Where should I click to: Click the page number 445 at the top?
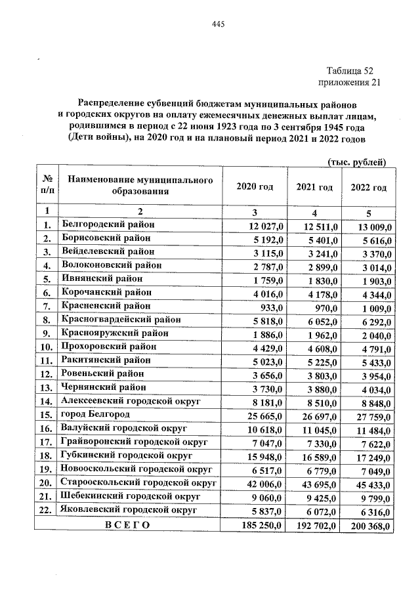pos(219,25)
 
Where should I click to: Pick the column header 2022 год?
pos(369,188)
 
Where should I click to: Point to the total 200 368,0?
pos(371,526)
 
